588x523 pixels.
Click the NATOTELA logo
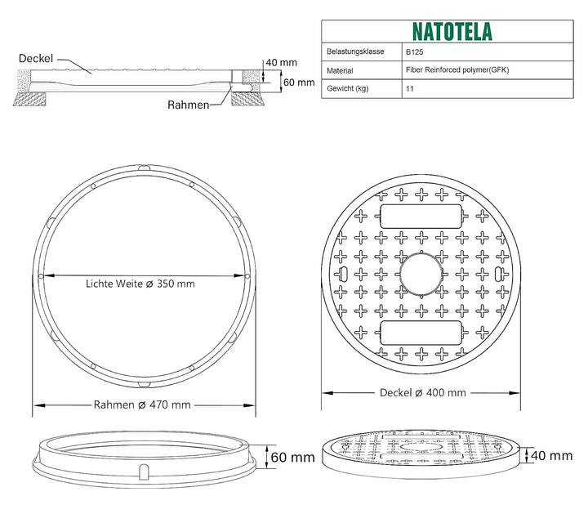click(x=452, y=32)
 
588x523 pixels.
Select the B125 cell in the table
click(x=414, y=51)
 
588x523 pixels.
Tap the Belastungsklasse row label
click(x=355, y=51)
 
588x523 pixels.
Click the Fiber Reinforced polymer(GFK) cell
click(x=457, y=69)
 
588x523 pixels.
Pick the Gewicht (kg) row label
click(x=348, y=88)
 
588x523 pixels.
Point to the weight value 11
click(x=409, y=89)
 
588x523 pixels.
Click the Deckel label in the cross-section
click(x=36, y=59)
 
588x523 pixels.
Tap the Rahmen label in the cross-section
click(x=189, y=105)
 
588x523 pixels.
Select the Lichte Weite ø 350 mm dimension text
click(x=140, y=284)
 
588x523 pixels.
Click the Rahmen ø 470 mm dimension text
click(x=142, y=405)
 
